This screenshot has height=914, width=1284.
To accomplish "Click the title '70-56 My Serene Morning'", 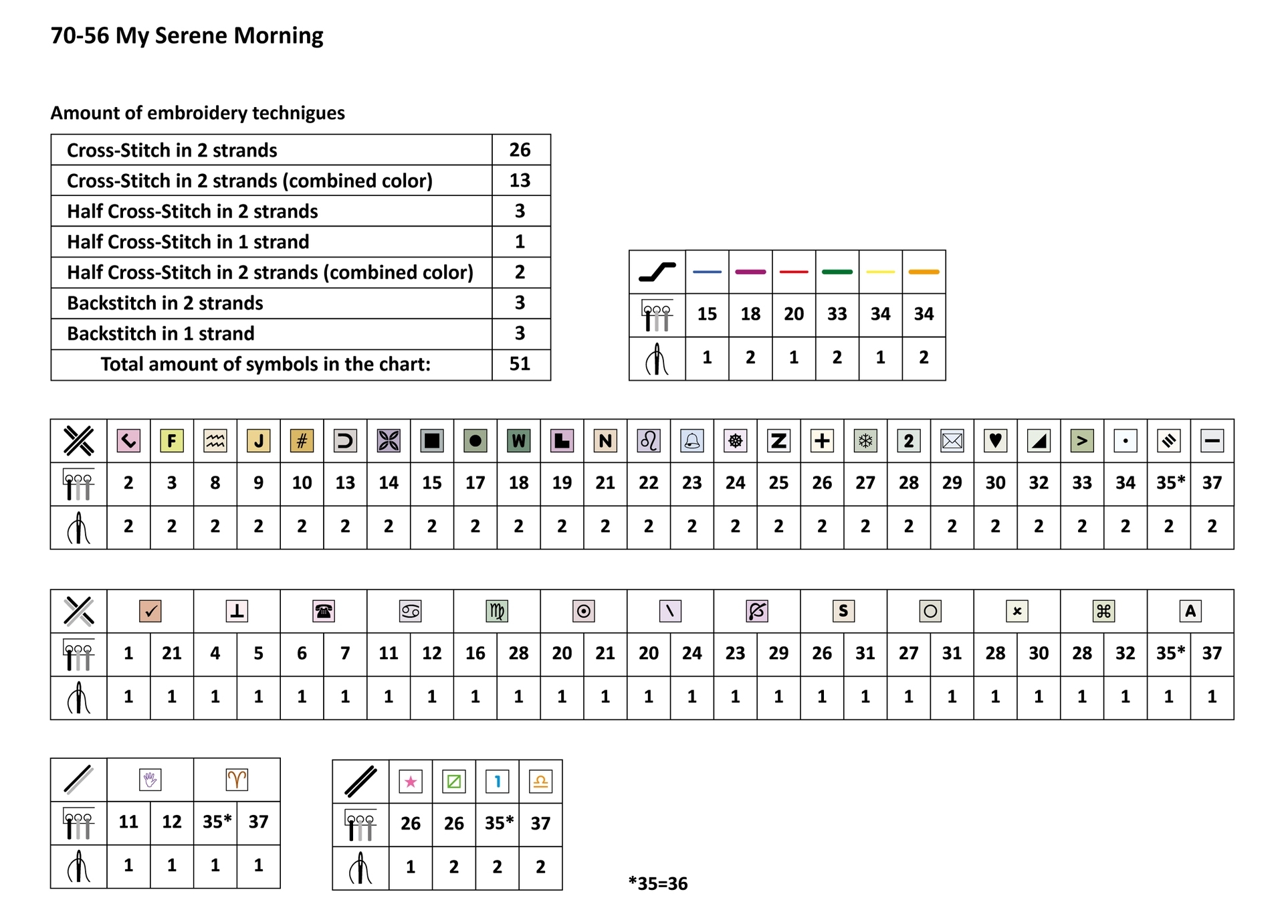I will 187,35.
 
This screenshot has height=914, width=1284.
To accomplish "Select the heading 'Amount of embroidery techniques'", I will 197,113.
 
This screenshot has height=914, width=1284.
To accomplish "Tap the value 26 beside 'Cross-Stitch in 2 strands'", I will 520,150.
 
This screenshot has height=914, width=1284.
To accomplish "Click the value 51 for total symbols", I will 520,364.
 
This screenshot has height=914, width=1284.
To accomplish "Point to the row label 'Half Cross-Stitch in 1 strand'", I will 188,242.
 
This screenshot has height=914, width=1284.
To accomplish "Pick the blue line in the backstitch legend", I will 707,272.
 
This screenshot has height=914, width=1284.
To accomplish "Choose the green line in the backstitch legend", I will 837,272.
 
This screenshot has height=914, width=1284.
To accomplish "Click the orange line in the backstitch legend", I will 924,272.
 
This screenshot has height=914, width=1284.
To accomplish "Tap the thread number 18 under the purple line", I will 750,314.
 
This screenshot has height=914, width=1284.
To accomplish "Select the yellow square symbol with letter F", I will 172,441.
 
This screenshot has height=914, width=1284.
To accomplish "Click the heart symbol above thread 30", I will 995,441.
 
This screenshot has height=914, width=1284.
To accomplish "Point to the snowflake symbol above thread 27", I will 865,441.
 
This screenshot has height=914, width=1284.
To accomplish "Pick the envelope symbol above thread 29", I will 952,441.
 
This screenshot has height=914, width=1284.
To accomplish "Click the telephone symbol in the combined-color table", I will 324,611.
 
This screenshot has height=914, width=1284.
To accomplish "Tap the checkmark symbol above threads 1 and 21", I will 150,611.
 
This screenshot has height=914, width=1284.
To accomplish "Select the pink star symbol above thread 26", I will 411,782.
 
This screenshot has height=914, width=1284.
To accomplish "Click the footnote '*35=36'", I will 658,884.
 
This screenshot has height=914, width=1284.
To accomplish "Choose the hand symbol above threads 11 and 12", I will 150,780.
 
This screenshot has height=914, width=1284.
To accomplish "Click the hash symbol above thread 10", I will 302,441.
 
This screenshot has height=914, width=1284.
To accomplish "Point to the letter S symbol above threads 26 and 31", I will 843,611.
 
